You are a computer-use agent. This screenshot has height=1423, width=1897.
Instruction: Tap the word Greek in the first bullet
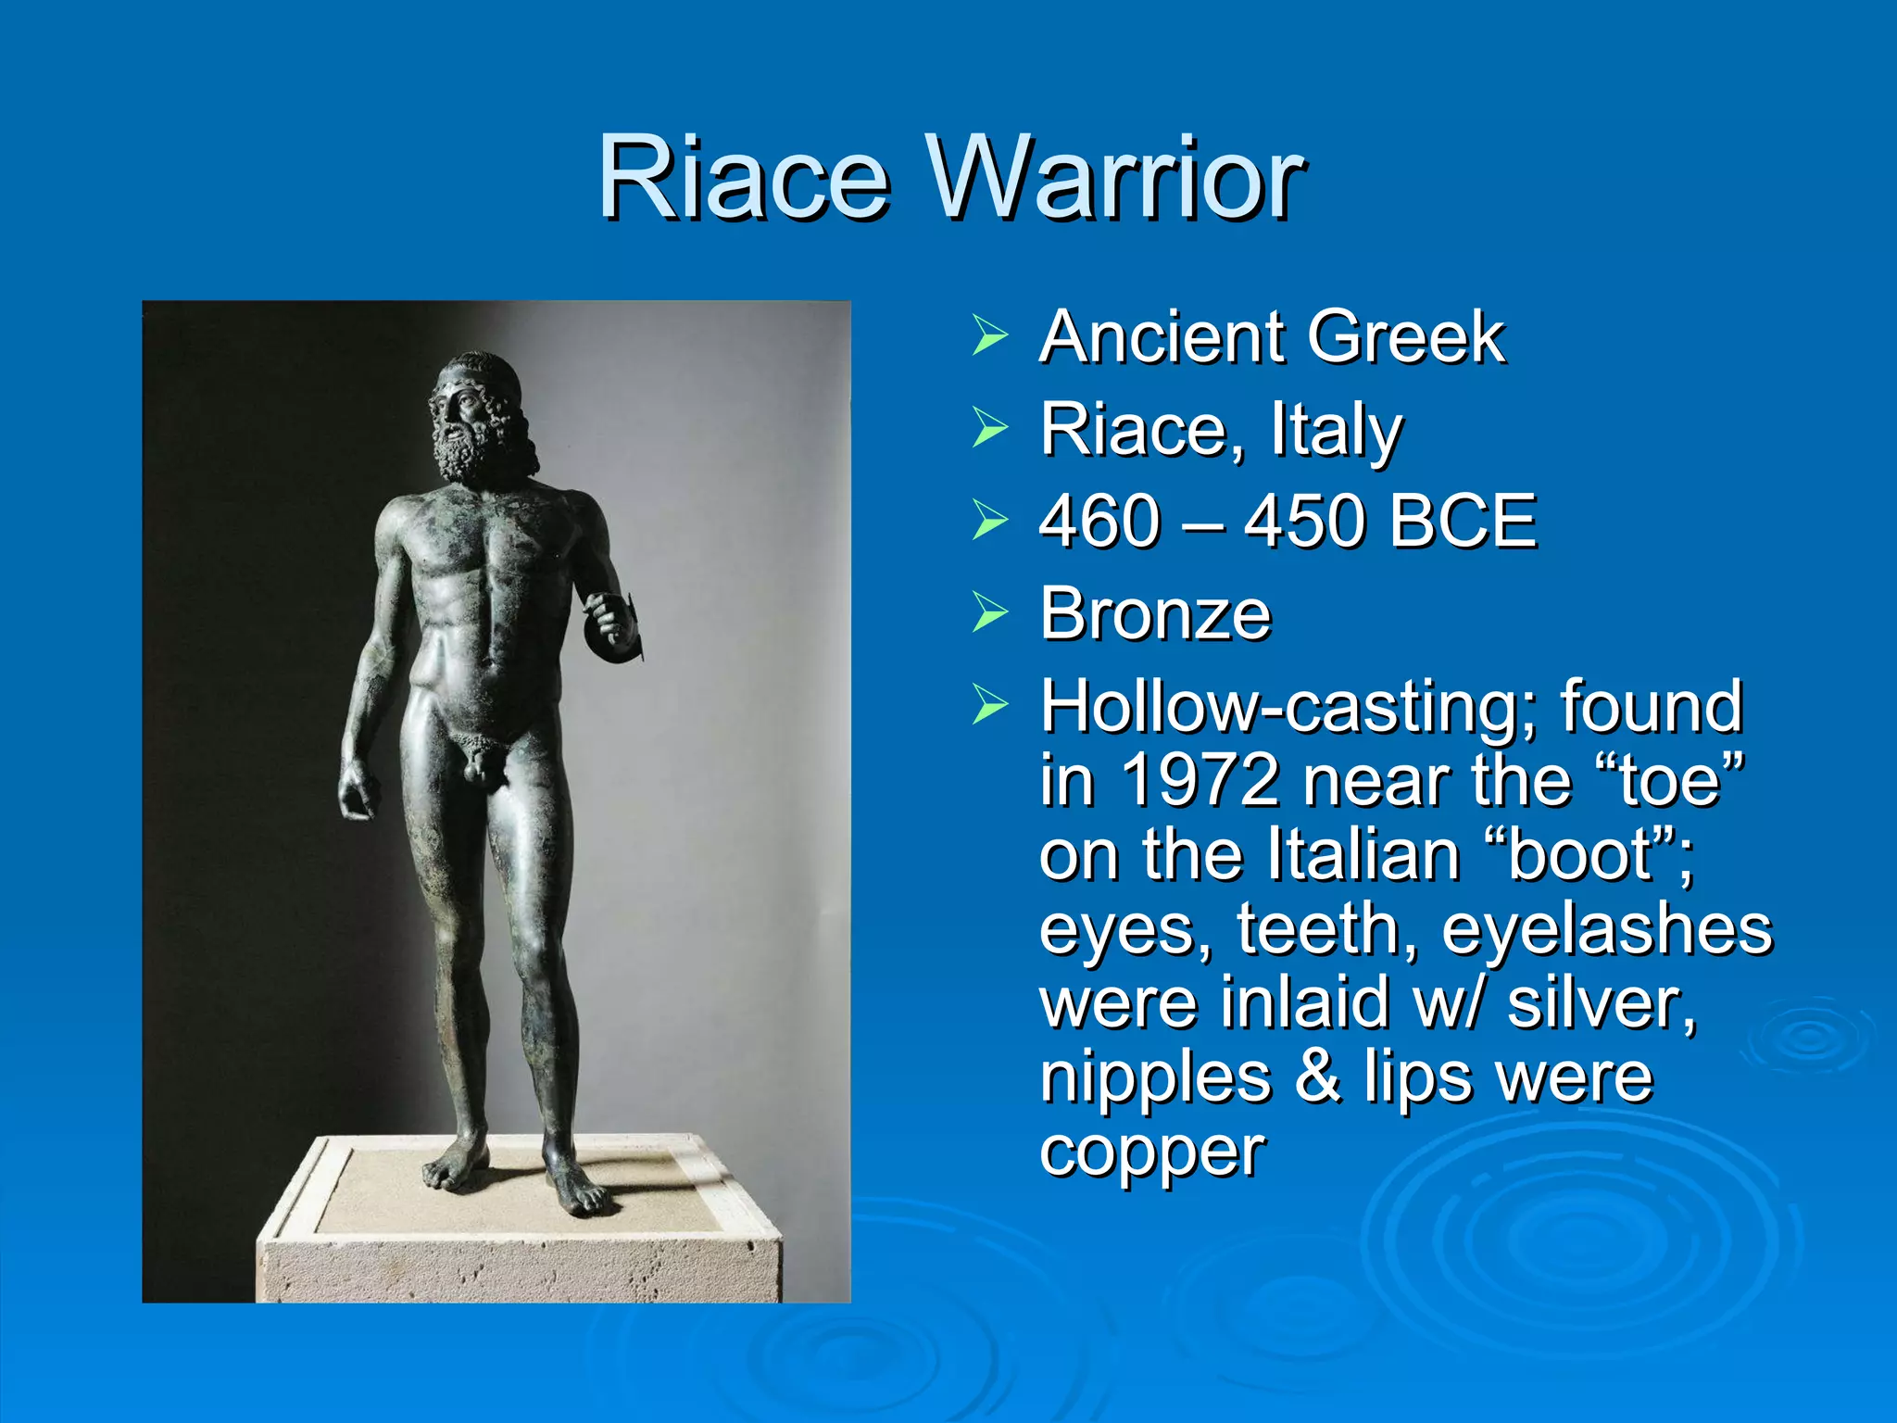(1405, 337)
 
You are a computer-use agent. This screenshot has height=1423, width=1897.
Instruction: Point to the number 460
(1099, 521)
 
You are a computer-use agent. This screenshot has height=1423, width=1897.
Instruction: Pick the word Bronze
(1155, 613)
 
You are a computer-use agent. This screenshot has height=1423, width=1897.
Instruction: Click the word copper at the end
(1152, 1152)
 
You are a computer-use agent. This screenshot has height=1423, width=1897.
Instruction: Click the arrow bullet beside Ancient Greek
(989, 335)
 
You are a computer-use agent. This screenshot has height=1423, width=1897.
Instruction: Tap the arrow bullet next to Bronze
(989, 612)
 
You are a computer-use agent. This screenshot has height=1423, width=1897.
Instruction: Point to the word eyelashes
(1606, 929)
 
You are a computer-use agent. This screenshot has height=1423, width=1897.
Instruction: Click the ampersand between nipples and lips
(1316, 1077)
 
